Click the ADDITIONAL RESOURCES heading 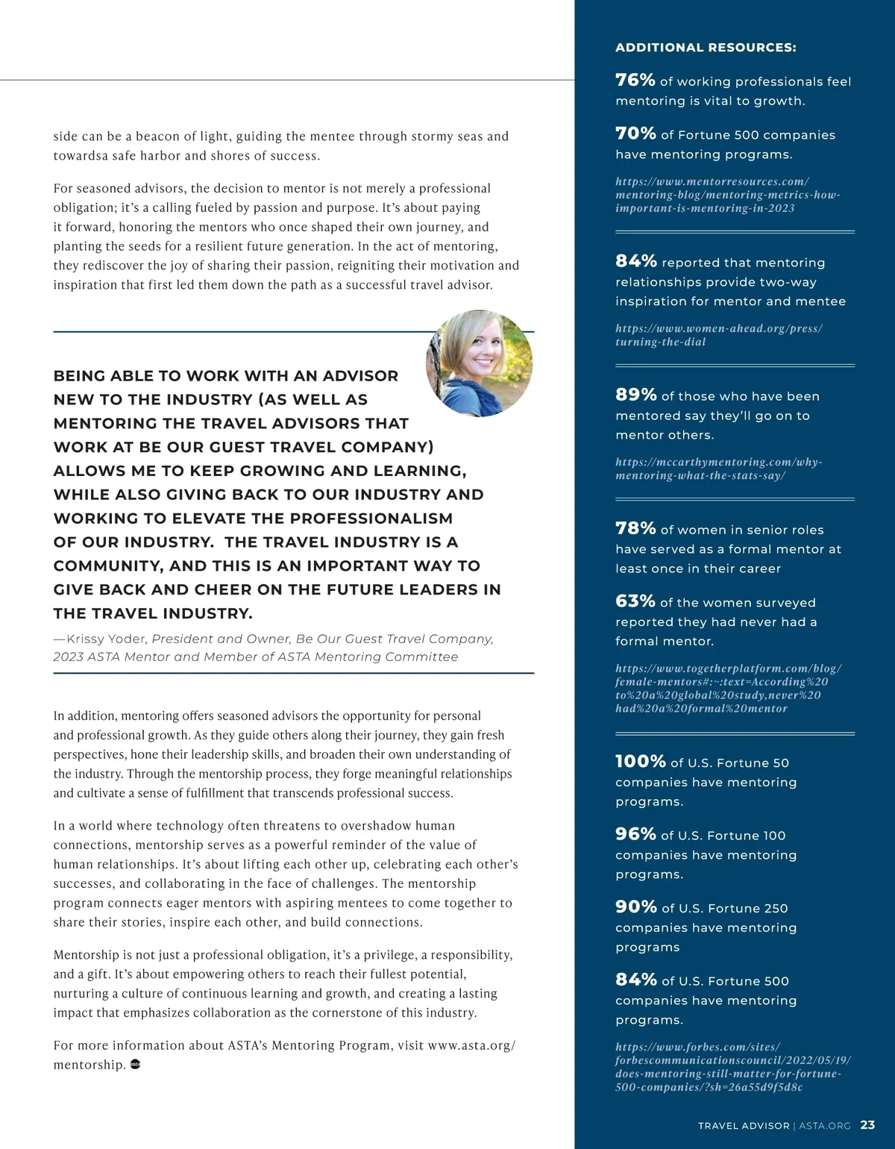coord(706,48)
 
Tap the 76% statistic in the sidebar coord(635,80)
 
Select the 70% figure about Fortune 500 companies coord(635,134)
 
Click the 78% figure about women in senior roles coord(635,528)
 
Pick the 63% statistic coord(635,601)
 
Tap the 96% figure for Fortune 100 coord(635,834)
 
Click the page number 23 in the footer coord(867,1125)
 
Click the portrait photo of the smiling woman coord(480,363)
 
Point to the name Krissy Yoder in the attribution coord(107,639)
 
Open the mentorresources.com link coord(727,195)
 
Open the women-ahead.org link coord(718,335)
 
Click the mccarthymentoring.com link coord(718,469)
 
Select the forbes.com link coord(732,1067)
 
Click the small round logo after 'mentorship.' coord(136,1064)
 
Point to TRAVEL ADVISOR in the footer coord(743,1126)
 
